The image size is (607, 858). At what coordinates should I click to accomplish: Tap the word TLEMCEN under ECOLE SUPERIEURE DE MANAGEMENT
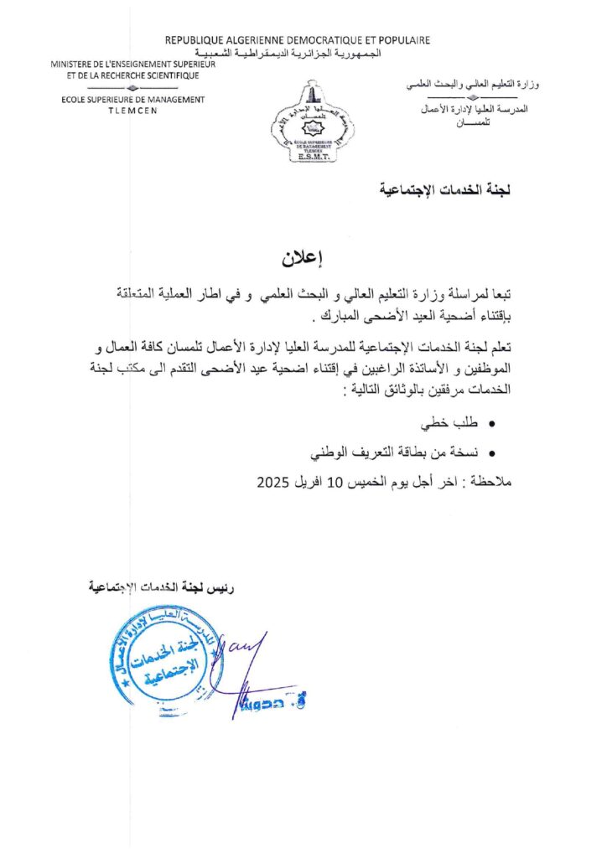click(132, 110)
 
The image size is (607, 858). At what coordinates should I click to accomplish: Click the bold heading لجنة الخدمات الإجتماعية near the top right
click(445, 192)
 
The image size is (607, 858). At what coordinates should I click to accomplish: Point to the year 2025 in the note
click(272, 483)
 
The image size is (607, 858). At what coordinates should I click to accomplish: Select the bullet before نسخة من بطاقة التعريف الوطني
click(491, 454)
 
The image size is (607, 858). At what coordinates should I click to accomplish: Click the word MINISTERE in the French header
click(76, 65)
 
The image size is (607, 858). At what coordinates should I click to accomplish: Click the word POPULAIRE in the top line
click(402, 39)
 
